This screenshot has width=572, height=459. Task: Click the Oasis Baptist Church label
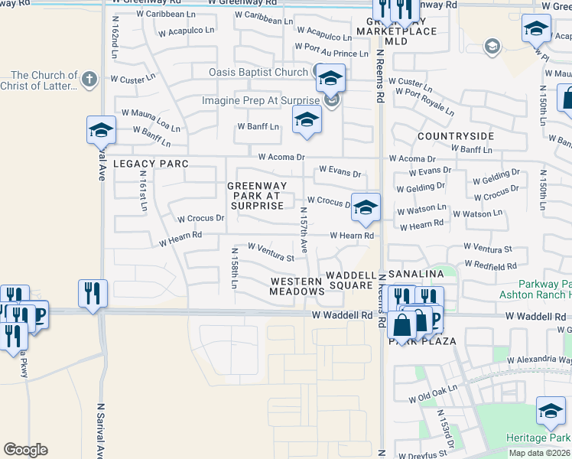click(258, 73)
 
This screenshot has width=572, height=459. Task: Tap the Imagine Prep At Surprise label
click(260, 101)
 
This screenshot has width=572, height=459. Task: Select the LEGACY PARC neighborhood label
click(151, 164)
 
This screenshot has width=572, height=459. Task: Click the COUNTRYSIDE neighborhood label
click(456, 135)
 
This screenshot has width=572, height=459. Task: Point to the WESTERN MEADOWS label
click(296, 287)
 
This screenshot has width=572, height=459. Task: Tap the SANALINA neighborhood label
click(418, 274)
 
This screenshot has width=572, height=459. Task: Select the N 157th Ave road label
click(304, 230)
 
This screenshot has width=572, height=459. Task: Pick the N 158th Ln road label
click(234, 268)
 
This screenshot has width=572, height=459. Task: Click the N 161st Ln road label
click(143, 191)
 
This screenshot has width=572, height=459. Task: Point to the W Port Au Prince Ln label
click(336, 53)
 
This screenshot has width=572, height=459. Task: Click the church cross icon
click(89, 78)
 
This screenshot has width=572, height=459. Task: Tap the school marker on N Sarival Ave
click(101, 130)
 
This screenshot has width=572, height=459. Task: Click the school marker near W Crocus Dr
click(366, 207)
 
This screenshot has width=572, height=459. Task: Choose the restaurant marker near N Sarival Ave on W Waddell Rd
click(93, 293)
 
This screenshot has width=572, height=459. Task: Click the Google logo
click(25, 450)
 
